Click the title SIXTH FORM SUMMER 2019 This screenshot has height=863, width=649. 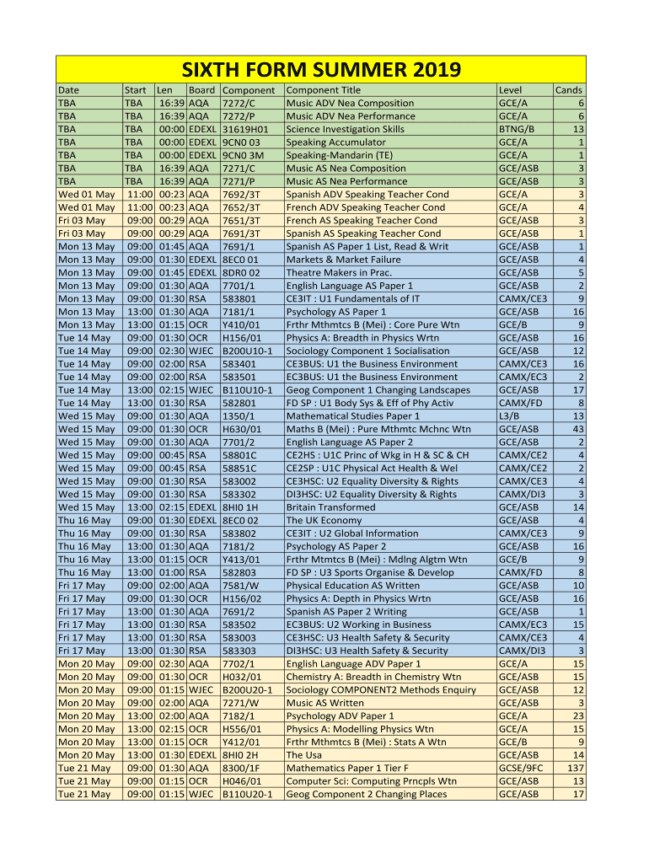pyautogui.click(x=321, y=69)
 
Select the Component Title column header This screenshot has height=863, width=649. pyautogui.click(x=324, y=90)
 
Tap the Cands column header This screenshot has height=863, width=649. pyautogui.click(x=568, y=90)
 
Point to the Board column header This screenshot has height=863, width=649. pyautogui.click(x=201, y=90)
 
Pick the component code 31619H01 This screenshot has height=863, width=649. pyautogui.click(x=244, y=129)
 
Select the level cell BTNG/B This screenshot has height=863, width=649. pyautogui.click(x=517, y=129)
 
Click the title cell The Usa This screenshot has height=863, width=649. pyautogui.click(x=304, y=754)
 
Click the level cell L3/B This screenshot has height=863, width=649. pyautogui.click(x=511, y=415)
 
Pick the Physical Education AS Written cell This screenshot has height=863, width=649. pyautogui.click(x=352, y=586)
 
